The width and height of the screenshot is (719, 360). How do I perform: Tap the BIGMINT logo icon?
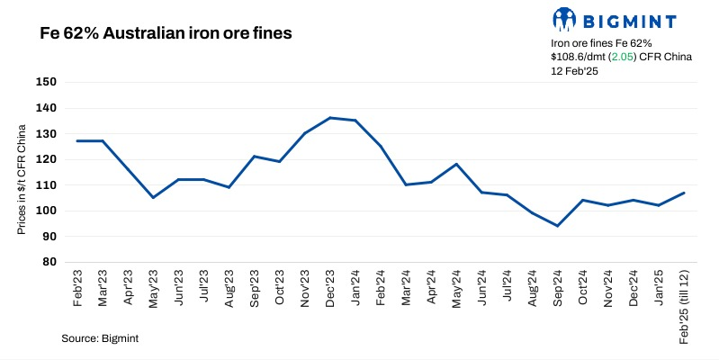[x=563, y=19]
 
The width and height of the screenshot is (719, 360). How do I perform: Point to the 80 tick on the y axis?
[x=49, y=262]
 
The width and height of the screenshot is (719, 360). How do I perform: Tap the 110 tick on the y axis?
[x=47, y=184]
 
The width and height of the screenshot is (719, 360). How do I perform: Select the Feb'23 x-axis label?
[x=77, y=288]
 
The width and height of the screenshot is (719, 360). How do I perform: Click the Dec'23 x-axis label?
[x=332, y=288]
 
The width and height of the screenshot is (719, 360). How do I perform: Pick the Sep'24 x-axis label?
[x=559, y=288]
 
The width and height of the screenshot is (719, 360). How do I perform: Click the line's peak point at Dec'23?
[x=331, y=118]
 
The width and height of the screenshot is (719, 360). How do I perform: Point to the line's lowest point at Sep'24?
[x=558, y=226]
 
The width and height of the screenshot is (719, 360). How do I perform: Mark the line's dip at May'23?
[x=153, y=197]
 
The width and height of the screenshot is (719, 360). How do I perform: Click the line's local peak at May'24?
[x=457, y=164]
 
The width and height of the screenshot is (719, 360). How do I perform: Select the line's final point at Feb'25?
[x=684, y=193]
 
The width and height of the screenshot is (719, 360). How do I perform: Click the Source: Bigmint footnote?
[x=100, y=337]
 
